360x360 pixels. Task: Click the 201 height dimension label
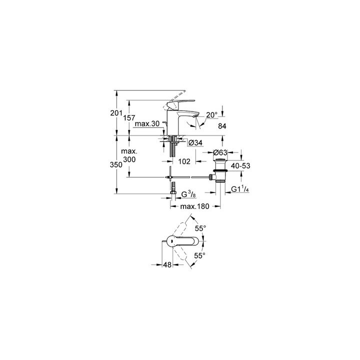(x=116, y=113)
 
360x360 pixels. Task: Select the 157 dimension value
(x=129, y=118)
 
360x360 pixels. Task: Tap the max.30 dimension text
(x=147, y=124)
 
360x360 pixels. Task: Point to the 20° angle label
(x=211, y=115)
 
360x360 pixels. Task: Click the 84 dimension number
(x=222, y=126)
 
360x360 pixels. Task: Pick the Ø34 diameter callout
(x=195, y=143)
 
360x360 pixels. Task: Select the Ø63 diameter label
(x=220, y=152)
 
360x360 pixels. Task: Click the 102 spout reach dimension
(x=184, y=161)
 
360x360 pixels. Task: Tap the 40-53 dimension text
(x=240, y=166)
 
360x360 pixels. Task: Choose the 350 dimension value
(x=116, y=165)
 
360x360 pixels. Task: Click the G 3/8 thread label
(x=188, y=194)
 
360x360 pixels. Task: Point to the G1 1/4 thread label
(x=240, y=189)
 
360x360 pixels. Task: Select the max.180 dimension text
(x=194, y=206)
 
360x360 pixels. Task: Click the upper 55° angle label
(x=200, y=228)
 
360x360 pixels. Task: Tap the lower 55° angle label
(x=199, y=255)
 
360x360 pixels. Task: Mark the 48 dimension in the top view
(x=167, y=264)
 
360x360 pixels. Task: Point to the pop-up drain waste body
(x=219, y=170)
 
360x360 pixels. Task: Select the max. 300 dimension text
(x=129, y=155)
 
